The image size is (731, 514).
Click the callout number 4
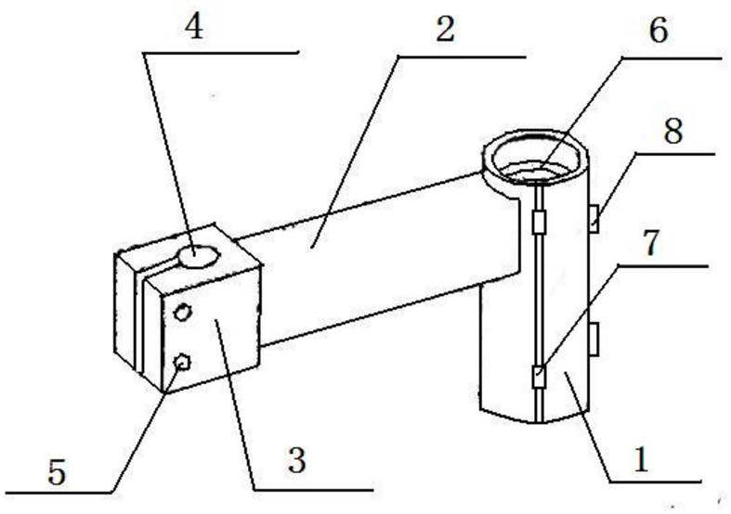(193, 29)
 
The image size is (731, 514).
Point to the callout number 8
(672, 131)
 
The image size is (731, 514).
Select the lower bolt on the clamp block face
(182, 364)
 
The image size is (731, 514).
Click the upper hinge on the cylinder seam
(539, 223)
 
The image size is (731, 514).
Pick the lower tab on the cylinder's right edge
(594, 340)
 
